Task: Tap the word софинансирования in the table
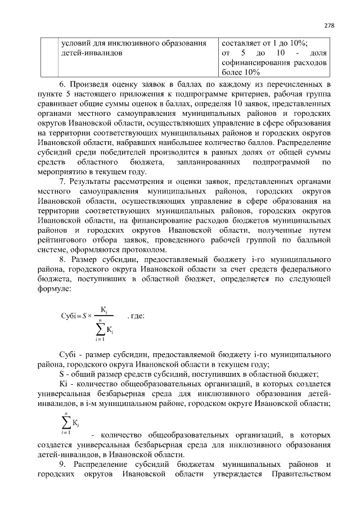click(256, 62)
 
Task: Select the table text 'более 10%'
click(241, 73)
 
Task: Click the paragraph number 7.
click(62, 184)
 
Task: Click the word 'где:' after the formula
click(137, 316)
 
